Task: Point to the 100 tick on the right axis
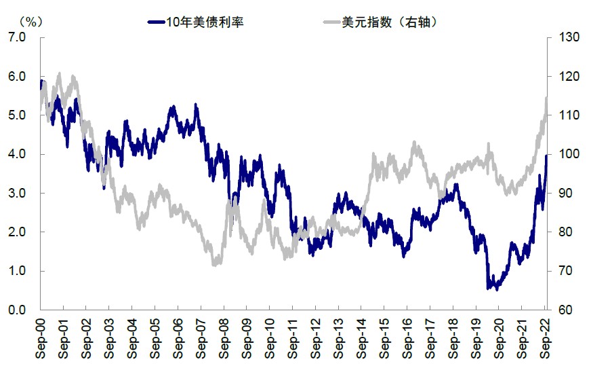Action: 569,154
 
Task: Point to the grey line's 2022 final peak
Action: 546,98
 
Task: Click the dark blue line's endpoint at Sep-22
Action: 547,155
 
